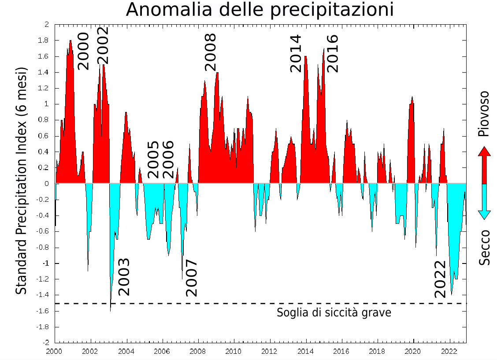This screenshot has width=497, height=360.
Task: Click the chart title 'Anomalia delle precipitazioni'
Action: pos(260,10)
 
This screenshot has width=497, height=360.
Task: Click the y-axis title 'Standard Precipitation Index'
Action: pos(21,181)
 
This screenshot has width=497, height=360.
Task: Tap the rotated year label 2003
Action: pos(124,276)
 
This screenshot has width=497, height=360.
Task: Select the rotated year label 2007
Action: pos(191,278)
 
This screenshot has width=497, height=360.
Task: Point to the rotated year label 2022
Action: pos(440,279)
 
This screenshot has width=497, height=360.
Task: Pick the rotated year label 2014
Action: pos(295,53)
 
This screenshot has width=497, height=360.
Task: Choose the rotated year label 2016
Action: pos(332,53)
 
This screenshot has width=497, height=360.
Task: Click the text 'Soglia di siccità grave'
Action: pos(334,313)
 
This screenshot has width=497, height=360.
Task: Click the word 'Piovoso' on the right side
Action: pos(484,114)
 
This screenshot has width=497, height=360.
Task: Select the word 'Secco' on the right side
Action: pos(484,248)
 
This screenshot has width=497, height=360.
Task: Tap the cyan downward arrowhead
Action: pos(484,214)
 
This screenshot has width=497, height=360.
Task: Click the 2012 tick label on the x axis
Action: pos(269,351)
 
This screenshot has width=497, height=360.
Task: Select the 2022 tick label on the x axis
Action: pos(449,351)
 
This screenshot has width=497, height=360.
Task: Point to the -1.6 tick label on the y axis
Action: pos(42,311)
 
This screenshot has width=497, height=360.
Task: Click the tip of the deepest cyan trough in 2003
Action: pos(110,310)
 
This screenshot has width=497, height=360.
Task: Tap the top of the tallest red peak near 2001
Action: pos(70,41)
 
